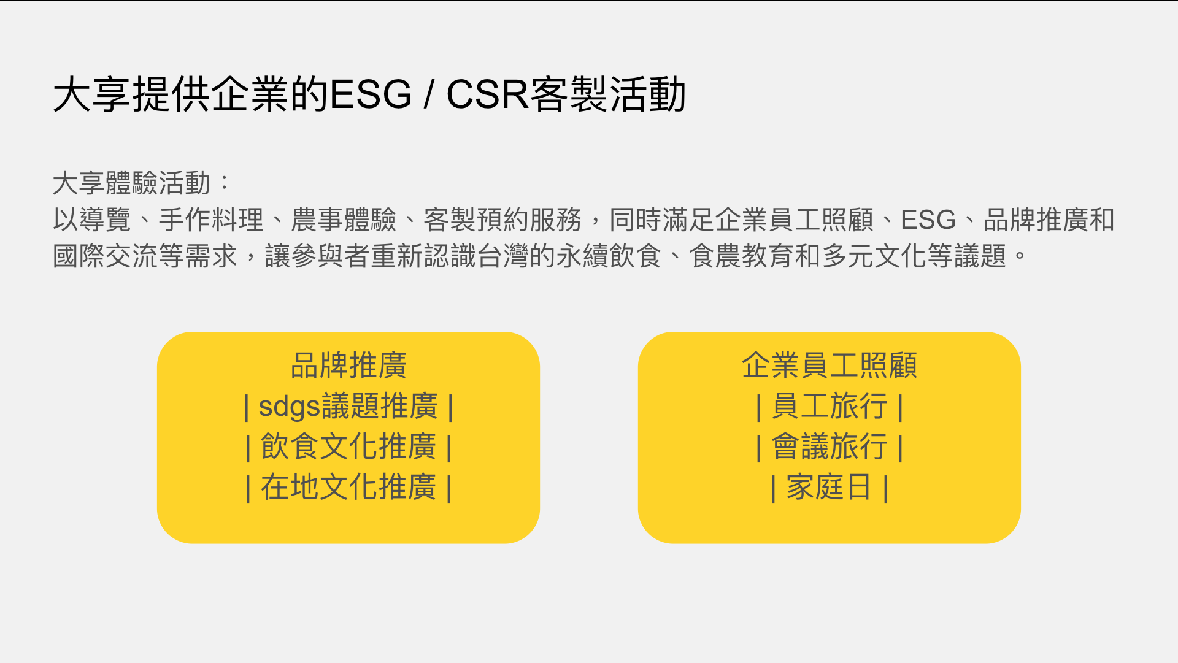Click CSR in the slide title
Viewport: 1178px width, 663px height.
(x=487, y=94)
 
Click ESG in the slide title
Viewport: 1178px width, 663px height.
(x=371, y=94)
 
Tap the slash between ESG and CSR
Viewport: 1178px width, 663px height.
(x=429, y=94)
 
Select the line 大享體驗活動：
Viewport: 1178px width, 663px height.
(x=141, y=183)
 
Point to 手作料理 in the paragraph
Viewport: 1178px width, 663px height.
(x=211, y=220)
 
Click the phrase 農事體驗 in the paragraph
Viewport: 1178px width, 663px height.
(x=344, y=220)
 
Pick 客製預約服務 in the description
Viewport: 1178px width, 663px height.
(x=502, y=220)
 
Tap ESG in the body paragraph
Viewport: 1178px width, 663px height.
(x=928, y=220)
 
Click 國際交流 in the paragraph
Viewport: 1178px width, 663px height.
(x=106, y=256)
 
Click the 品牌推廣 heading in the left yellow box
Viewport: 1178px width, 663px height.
(x=348, y=366)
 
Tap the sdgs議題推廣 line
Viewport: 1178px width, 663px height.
(x=348, y=406)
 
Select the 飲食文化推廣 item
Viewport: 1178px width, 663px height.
(x=348, y=446)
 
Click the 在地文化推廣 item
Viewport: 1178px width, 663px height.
(x=348, y=487)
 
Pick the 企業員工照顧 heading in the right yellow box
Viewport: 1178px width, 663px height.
(x=830, y=366)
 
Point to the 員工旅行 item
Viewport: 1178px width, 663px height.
(x=830, y=406)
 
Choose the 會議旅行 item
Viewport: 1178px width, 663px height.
(x=830, y=446)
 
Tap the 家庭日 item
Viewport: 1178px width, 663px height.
(x=830, y=487)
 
